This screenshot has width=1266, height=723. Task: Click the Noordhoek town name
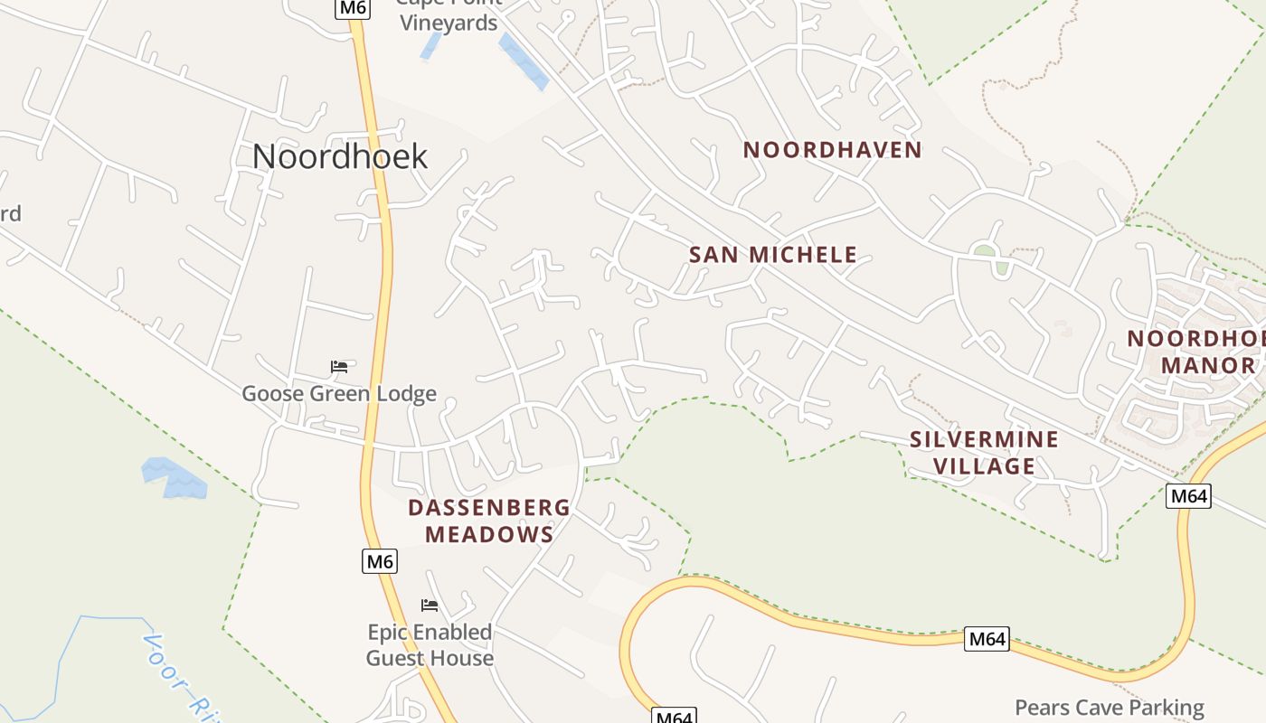click(339, 156)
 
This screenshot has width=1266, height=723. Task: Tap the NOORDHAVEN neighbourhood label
click(832, 150)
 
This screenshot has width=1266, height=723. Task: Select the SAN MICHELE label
click(773, 255)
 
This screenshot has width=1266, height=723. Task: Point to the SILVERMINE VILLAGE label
click(984, 453)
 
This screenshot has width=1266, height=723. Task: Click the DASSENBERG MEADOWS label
click(489, 521)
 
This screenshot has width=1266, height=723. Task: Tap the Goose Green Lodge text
click(339, 394)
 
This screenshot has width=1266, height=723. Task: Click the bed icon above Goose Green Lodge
click(339, 366)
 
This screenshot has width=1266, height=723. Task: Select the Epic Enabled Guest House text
click(430, 644)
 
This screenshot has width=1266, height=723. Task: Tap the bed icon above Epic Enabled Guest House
click(430, 605)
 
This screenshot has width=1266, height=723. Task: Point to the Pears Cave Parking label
click(1110, 708)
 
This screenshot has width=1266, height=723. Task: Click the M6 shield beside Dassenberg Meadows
click(380, 561)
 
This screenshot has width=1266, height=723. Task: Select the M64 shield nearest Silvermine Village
click(1188, 495)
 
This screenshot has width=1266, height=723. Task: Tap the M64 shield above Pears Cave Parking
click(986, 639)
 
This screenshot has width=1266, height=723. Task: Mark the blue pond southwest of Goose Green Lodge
click(174, 477)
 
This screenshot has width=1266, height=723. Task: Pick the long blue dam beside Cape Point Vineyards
click(524, 61)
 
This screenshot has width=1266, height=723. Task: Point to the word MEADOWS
click(489, 535)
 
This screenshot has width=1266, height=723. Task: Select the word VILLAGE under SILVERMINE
click(984, 466)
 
